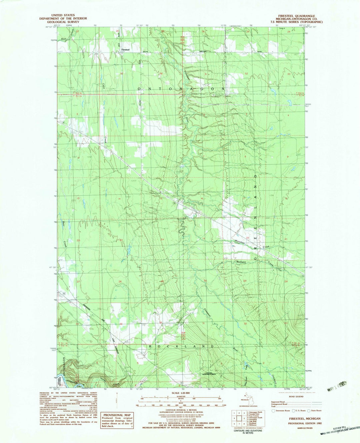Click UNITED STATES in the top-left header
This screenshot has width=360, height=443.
point(63,15)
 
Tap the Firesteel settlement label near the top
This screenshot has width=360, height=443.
point(125,50)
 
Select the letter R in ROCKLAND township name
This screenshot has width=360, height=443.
point(150,346)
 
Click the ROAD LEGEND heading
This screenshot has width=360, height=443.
point(296,397)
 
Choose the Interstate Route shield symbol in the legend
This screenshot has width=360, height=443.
point(273,411)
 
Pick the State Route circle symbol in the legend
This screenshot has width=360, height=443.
point(309,411)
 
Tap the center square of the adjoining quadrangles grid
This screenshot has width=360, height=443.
point(240,418)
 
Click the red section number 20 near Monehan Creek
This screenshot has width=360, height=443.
point(247,237)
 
